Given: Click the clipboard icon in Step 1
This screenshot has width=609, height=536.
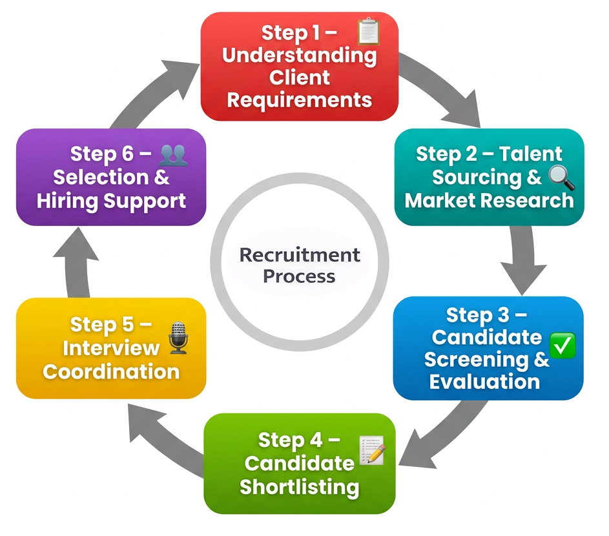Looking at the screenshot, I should (x=368, y=31).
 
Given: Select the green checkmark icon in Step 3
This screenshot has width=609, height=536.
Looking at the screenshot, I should (x=561, y=347).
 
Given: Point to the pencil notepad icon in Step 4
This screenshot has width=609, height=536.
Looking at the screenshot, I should (x=371, y=449).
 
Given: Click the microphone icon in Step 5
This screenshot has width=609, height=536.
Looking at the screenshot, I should (x=178, y=337).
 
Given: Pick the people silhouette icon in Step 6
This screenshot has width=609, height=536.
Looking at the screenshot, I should (x=173, y=154).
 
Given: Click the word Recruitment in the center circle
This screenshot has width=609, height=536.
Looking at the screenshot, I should (x=300, y=254).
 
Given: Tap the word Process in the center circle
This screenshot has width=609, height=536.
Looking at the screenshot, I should (x=299, y=276).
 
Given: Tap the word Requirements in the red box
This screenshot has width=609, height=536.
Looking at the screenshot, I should (x=300, y=100).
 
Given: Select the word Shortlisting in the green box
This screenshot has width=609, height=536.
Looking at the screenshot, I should (x=299, y=486).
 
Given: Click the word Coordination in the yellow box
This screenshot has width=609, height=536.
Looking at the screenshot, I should (x=111, y=372).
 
